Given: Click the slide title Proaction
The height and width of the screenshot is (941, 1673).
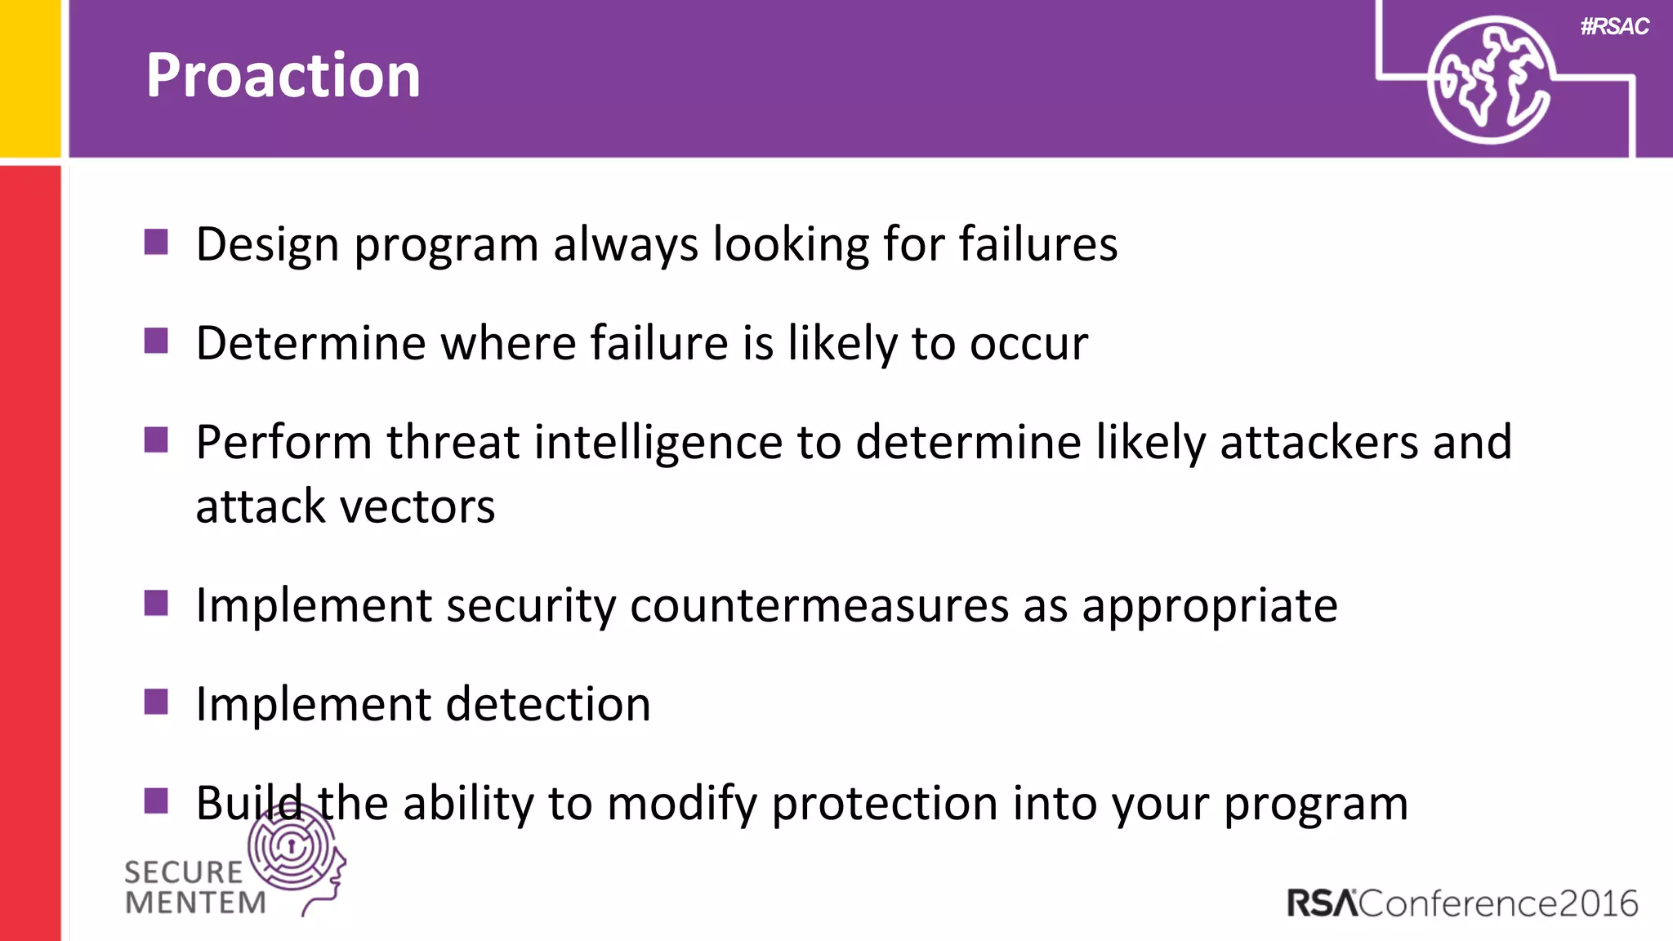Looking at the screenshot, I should (283, 75).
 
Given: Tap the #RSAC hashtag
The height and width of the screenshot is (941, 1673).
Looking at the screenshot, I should (1614, 26).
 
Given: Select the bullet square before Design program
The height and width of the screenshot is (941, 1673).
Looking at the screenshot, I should (156, 242).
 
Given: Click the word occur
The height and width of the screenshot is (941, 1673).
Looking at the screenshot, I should (1028, 344).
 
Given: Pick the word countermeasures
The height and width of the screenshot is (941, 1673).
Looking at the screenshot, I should (819, 606).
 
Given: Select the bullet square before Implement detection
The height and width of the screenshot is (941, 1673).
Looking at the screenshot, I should (156, 702).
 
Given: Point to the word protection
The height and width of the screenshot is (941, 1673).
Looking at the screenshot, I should (885, 804).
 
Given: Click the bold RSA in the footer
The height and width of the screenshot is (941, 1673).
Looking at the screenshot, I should (1322, 903).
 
